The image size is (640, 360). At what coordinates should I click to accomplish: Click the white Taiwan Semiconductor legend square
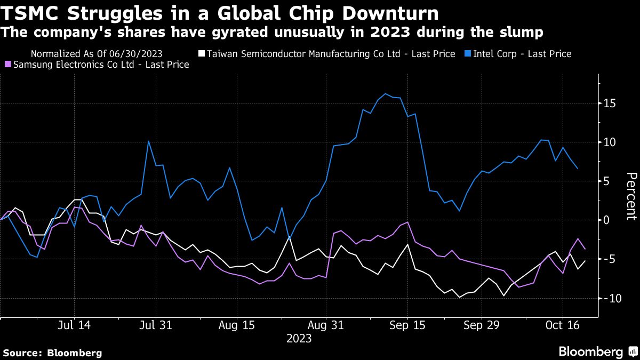click(202, 53)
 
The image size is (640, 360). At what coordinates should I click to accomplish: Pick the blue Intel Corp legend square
click(468, 53)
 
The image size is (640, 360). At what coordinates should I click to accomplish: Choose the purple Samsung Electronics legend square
click(8, 65)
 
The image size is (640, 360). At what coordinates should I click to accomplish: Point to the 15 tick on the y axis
click(610, 103)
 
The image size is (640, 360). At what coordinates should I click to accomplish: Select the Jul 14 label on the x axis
click(74, 325)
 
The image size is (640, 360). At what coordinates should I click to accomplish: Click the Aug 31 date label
click(326, 325)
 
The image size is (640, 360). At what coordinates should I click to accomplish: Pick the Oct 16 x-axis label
click(563, 325)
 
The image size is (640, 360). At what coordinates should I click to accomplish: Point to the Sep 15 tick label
click(407, 325)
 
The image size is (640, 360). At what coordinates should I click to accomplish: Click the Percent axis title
click(631, 196)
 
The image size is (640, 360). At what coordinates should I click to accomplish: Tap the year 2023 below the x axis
click(299, 339)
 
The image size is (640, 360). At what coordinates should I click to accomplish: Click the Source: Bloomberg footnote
click(53, 353)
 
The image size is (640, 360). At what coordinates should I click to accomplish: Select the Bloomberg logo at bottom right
click(599, 351)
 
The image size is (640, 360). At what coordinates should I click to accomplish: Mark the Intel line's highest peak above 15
click(385, 94)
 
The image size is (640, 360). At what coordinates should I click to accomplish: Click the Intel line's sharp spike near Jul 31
click(149, 141)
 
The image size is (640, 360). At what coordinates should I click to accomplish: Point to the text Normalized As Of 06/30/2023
click(97, 54)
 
